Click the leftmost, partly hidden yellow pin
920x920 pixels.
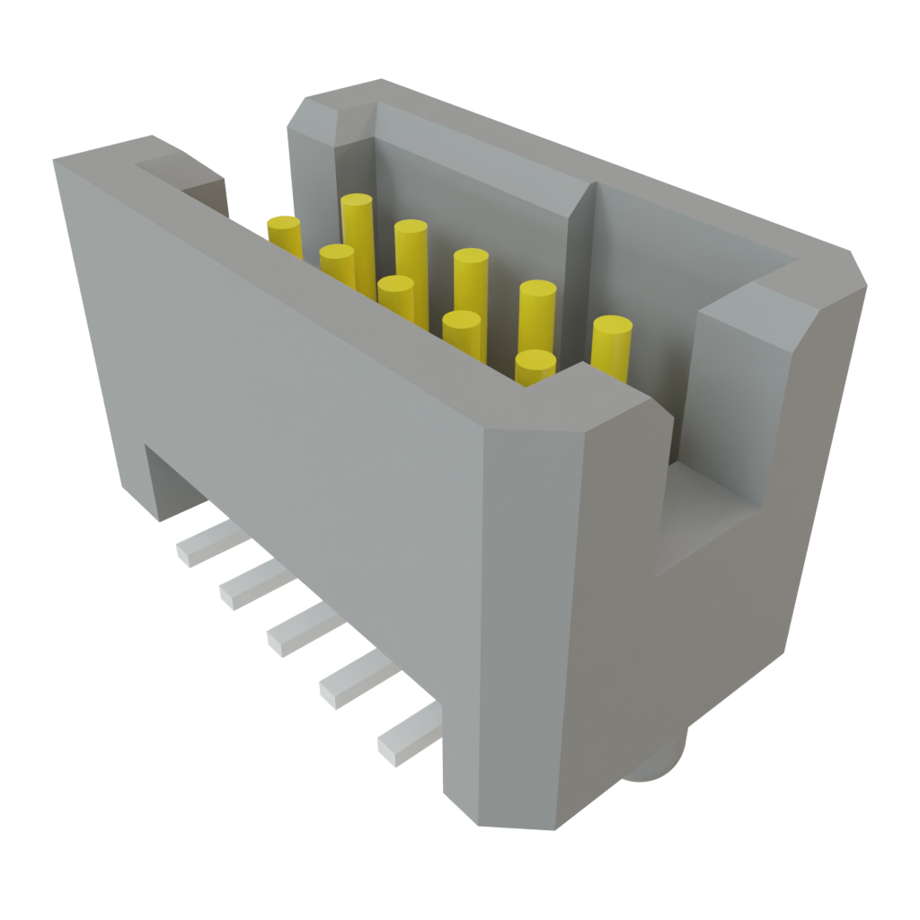[284, 235]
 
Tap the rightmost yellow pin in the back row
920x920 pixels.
[611, 346]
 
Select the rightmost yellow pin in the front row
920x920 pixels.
[535, 367]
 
